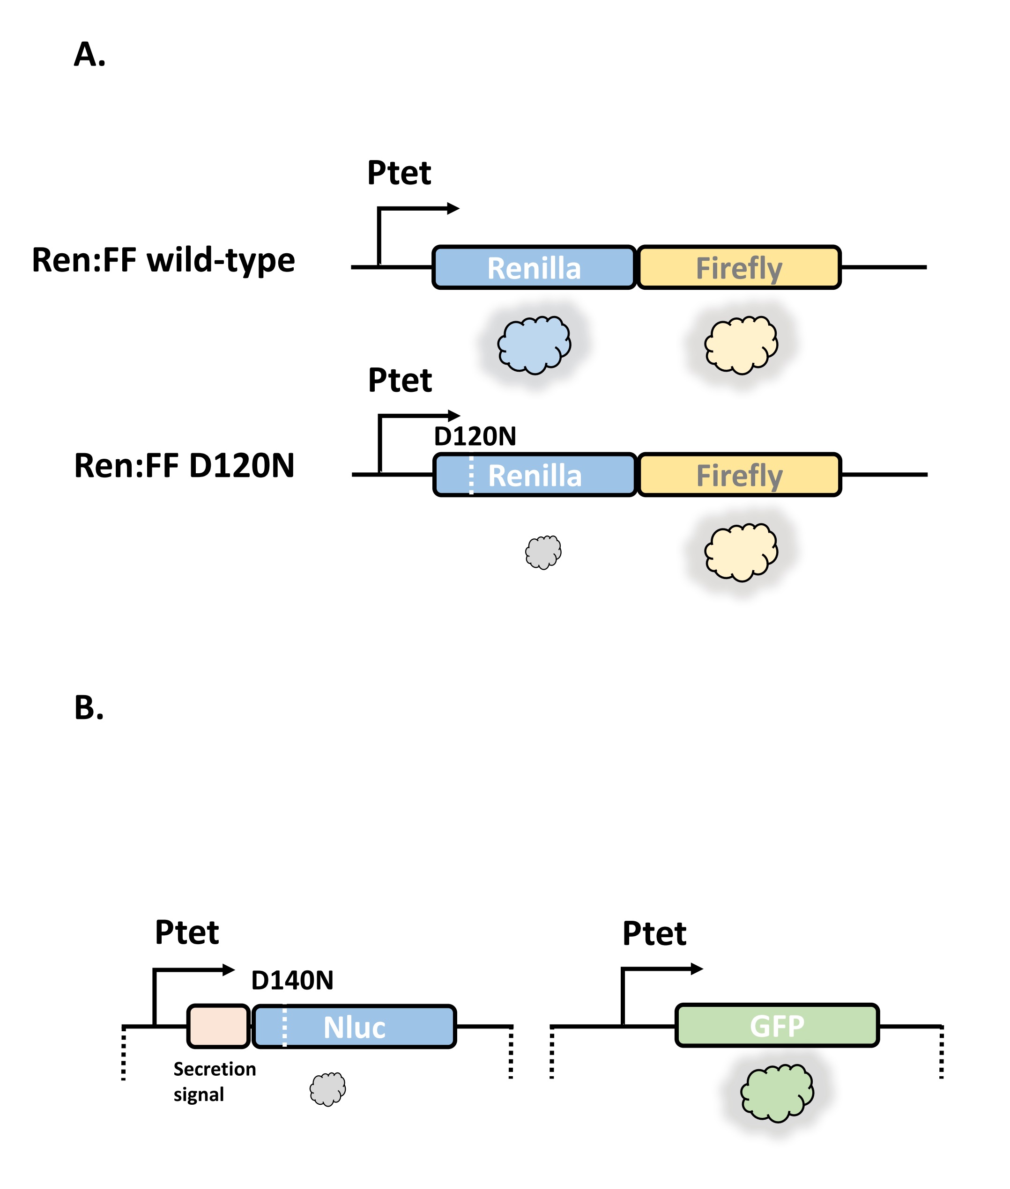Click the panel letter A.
tap(89, 55)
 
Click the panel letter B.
tap(89, 708)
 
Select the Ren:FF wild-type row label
tap(163, 260)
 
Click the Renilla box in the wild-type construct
tap(534, 268)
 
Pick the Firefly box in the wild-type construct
tap(739, 268)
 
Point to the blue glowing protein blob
tap(534, 345)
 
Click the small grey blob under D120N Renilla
tap(543, 552)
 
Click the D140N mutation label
tap(292, 981)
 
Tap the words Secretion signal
tap(214, 1081)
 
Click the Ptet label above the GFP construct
tap(654, 934)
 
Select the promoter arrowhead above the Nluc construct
tap(229, 970)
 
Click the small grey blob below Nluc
tap(327, 1089)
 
